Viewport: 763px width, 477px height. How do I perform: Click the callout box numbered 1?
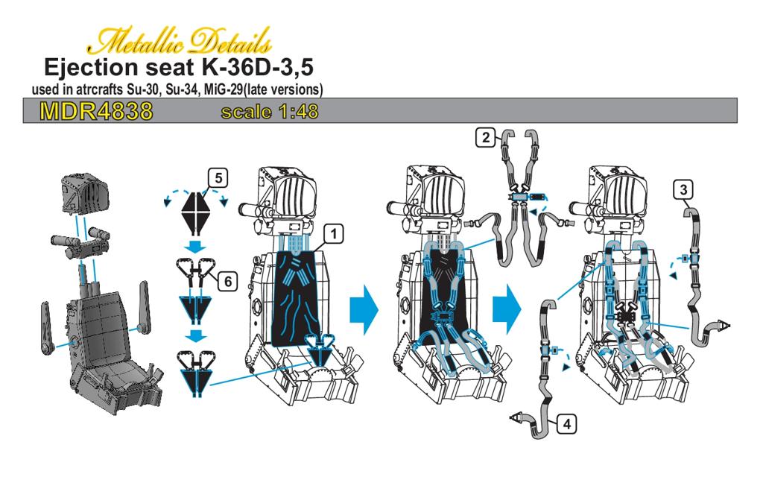click(x=333, y=234)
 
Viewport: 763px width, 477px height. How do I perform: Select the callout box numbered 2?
click(x=486, y=138)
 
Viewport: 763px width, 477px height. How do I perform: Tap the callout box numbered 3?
click(x=684, y=189)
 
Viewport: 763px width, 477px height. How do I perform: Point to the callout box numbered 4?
click(x=567, y=424)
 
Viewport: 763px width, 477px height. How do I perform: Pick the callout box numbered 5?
click(x=218, y=178)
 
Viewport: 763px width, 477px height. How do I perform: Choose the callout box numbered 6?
click(x=227, y=281)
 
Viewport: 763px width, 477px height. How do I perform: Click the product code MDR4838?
click(x=96, y=112)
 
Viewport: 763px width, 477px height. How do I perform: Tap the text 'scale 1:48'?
click(x=270, y=112)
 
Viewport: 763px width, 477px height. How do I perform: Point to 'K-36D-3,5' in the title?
click(x=257, y=68)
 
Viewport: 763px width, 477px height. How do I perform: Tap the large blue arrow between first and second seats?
click(x=364, y=310)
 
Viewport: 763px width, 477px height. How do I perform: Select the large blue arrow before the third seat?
click(x=507, y=310)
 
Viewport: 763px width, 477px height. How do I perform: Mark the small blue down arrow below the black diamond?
click(x=195, y=247)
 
